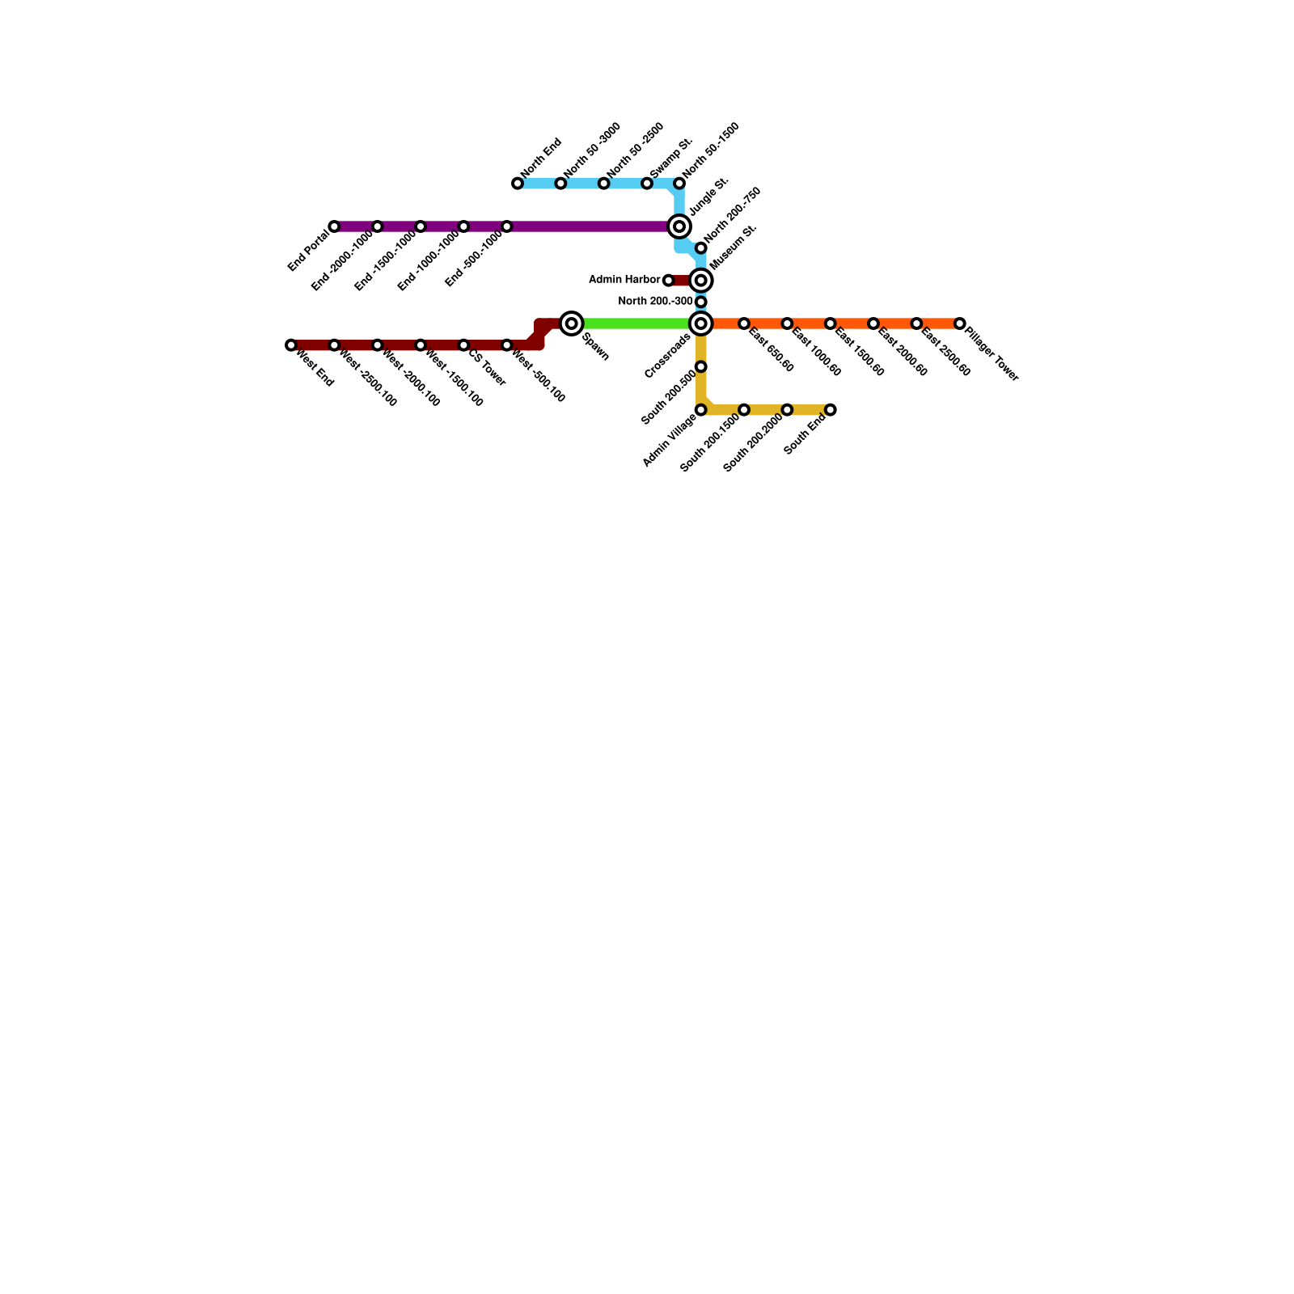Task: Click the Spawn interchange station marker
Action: coord(572,323)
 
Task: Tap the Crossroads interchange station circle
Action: coord(701,323)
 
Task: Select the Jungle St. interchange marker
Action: coord(679,226)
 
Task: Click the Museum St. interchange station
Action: coord(701,281)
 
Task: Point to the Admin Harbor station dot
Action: coord(668,281)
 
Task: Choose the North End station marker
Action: coord(518,184)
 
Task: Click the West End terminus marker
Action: coord(291,345)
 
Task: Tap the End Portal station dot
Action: coord(334,226)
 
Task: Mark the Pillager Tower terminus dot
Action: coord(959,323)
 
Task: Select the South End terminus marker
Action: coord(831,410)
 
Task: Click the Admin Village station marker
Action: coord(701,410)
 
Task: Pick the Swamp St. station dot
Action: coord(647,184)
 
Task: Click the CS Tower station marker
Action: coord(463,345)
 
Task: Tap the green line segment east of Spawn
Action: coord(635,323)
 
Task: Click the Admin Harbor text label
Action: coord(624,280)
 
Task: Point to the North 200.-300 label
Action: coord(656,302)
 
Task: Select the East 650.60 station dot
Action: coord(744,323)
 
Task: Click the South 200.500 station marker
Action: coord(701,367)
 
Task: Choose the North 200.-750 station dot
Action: coord(701,247)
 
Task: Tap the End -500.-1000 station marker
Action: coord(506,226)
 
